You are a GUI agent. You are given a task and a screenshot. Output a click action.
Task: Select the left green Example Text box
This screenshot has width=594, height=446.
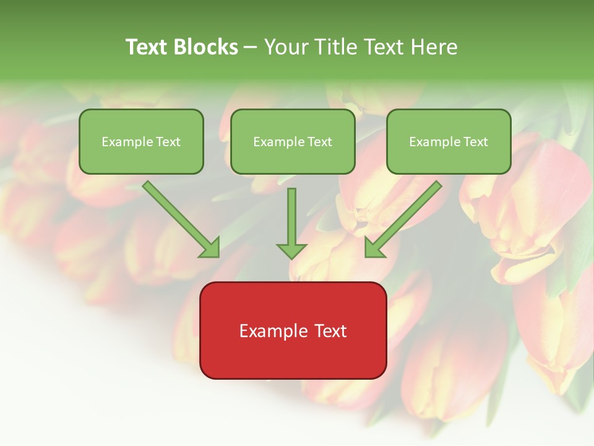(x=141, y=141)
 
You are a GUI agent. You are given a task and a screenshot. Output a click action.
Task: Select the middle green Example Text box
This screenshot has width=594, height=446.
(x=293, y=141)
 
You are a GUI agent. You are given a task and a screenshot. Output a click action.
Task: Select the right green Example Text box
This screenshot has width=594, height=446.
(x=449, y=141)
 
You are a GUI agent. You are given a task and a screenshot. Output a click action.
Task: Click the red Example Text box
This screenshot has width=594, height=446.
(x=293, y=330)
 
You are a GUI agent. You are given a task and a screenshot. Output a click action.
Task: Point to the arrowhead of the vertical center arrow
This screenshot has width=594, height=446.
(x=291, y=251)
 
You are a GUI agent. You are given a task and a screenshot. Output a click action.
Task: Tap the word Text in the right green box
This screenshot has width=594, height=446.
(x=476, y=142)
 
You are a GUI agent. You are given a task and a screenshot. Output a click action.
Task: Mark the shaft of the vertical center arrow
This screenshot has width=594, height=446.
(x=291, y=214)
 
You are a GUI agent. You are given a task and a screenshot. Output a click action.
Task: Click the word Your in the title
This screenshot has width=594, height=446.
(x=285, y=47)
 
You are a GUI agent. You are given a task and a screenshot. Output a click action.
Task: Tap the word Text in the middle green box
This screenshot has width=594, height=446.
(x=320, y=142)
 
